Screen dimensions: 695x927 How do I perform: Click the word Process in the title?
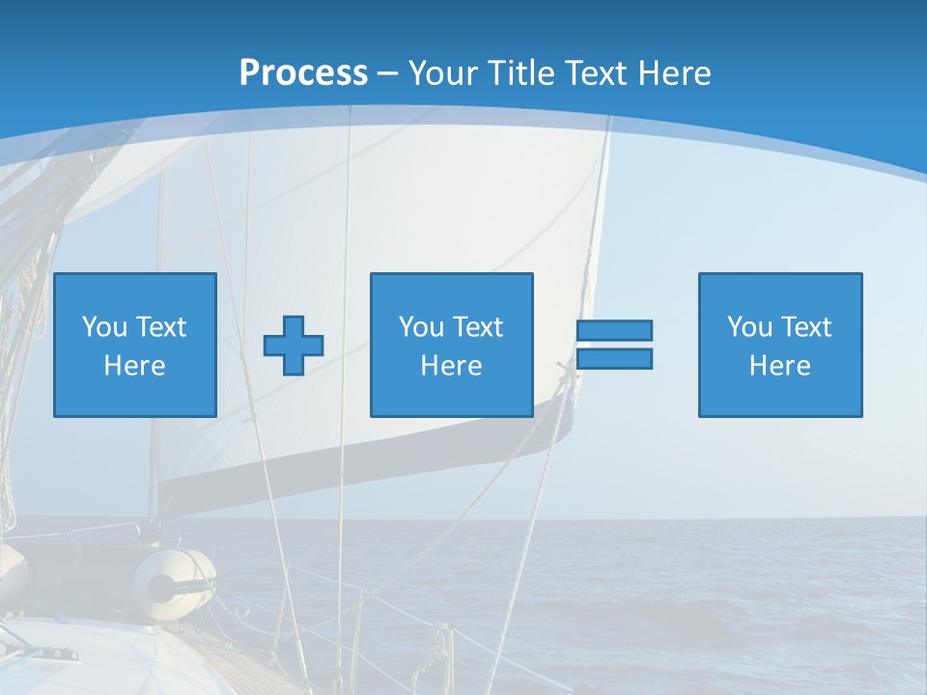(303, 73)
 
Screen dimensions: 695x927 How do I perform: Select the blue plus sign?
(294, 345)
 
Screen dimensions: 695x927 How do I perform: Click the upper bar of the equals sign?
(614, 330)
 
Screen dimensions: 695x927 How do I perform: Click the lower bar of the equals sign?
(614, 359)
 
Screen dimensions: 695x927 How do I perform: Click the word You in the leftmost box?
(104, 327)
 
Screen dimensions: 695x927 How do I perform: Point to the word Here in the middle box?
(452, 366)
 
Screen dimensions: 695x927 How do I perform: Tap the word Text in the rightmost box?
(805, 327)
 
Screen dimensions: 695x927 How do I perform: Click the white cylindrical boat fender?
(174, 577)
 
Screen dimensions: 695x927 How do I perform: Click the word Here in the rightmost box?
(780, 366)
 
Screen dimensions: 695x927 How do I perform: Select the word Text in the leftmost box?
(160, 327)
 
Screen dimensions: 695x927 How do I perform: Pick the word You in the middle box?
(421, 327)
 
